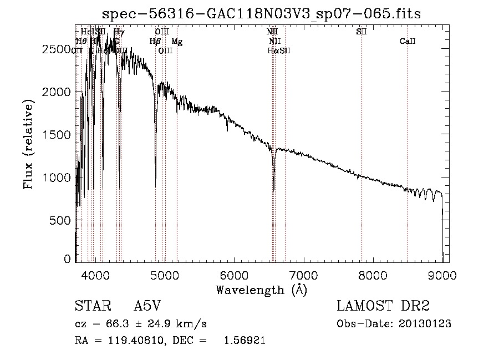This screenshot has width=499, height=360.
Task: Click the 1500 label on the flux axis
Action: pyautogui.click(x=56, y=135)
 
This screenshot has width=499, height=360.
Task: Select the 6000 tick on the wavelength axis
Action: pyautogui.click(x=234, y=275)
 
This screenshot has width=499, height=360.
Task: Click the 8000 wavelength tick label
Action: pyautogui.click(x=373, y=275)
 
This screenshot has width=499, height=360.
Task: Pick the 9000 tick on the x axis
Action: pyautogui.click(x=442, y=275)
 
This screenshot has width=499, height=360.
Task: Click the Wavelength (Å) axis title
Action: pyautogui.click(x=261, y=290)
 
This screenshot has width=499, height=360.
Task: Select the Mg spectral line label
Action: pyautogui.click(x=177, y=42)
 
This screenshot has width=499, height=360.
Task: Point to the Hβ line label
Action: pyautogui.click(x=155, y=42)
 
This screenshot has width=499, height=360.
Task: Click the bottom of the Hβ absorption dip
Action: pyautogui.click(x=155, y=178)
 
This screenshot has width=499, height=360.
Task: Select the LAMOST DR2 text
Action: pyautogui.click(x=383, y=307)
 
